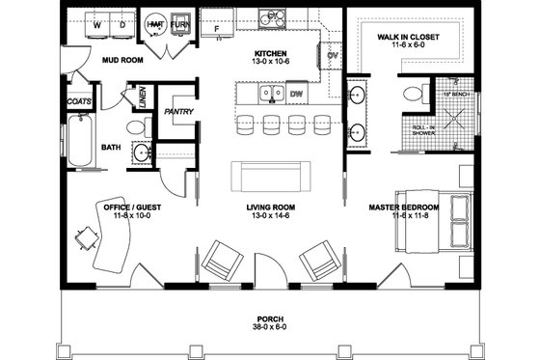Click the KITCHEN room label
click(271, 54)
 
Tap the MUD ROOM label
click(122, 59)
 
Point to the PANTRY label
click(179, 112)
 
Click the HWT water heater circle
click(154, 23)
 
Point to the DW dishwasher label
click(297, 95)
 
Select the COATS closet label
click(79, 99)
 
